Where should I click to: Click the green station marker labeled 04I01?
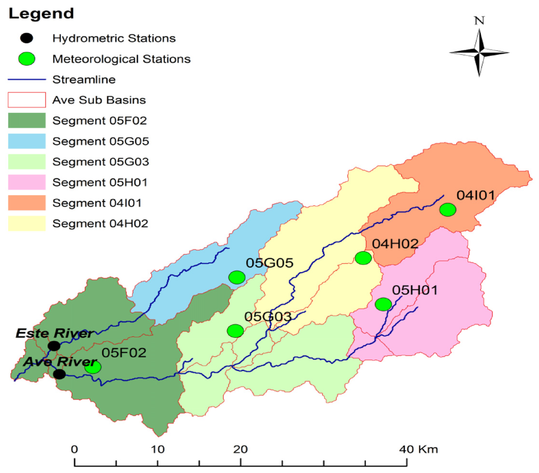coord(448,210)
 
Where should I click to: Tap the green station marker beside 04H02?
coord(363,258)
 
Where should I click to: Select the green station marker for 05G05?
coord(237,277)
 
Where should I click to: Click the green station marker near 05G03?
coord(235,331)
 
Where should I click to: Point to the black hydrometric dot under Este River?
coord(54,346)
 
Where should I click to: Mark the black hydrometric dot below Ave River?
coord(59,374)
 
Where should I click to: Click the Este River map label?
coord(55,333)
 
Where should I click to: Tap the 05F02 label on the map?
coord(124,353)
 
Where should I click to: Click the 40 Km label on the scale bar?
coord(418,449)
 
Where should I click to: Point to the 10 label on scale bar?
coord(158,449)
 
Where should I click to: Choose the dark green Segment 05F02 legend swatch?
coord(27,120)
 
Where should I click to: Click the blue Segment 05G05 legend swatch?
coord(27,141)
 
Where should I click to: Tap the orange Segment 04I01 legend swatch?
coord(27,202)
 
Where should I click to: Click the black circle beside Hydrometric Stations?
coord(27,38)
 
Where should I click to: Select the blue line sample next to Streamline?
coord(27,79)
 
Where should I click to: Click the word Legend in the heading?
coord(42,14)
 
